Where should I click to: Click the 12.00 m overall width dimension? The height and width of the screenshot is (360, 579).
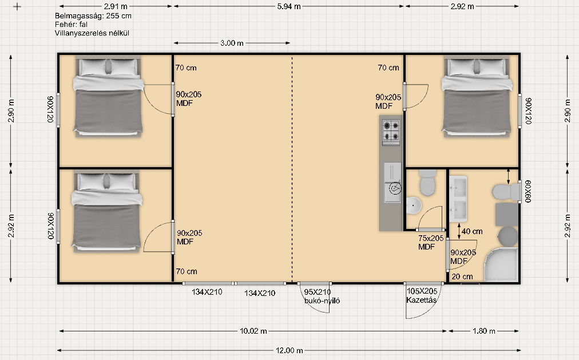point(289,350)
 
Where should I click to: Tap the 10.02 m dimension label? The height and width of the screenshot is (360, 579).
point(253,331)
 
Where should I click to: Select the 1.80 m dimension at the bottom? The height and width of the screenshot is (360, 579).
point(483,331)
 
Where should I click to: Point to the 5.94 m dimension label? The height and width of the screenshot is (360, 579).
point(289,6)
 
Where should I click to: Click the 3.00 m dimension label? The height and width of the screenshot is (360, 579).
point(232,43)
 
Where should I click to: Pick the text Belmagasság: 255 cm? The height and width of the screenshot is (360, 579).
point(93,16)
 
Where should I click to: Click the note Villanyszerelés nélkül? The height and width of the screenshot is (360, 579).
point(92,33)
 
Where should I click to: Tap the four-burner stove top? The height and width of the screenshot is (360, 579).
point(391,132)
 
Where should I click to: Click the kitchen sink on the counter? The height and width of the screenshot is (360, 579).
point(392,183)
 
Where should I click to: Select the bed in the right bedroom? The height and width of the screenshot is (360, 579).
point(477,96)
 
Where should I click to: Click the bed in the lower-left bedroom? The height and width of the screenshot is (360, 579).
point(107,211)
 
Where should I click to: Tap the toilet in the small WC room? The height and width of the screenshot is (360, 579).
point(427,182)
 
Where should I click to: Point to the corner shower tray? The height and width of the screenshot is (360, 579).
point(502,265)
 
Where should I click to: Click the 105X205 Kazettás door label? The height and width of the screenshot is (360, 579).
point(422,296)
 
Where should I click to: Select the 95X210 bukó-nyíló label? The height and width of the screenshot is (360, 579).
point(322,296)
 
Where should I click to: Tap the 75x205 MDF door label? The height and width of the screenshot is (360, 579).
point(431,243)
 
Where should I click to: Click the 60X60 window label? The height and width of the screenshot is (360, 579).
point(528,191)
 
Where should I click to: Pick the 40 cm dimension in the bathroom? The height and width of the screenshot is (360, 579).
point(472,231)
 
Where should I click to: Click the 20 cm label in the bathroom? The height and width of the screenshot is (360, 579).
point(462,276)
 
